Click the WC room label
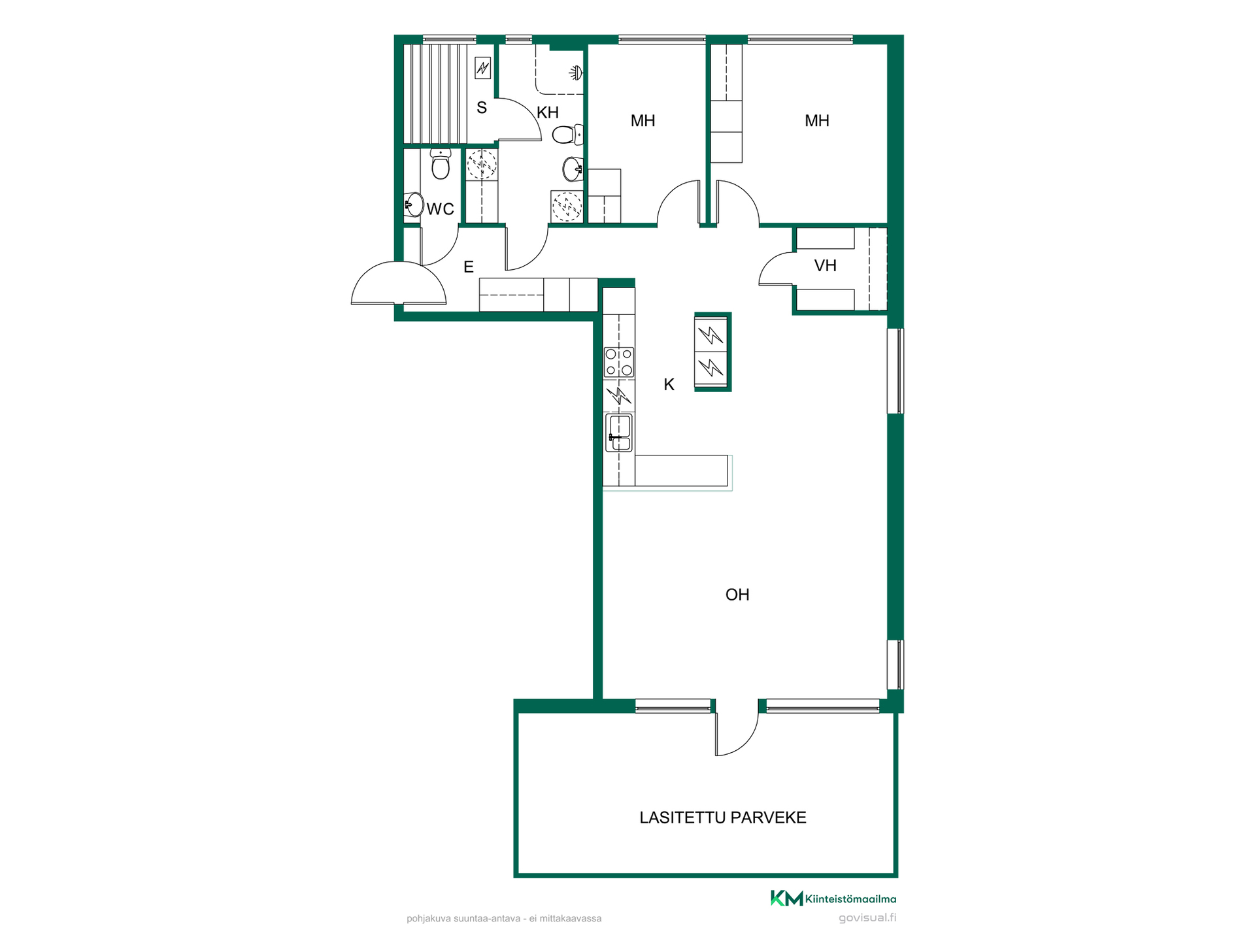point(440,209)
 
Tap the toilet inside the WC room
point(441,163)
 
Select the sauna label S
point(482,108)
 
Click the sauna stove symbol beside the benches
point(482,68)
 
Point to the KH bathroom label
point(548,112)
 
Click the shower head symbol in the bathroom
point(575,72)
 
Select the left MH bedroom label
point(643,121)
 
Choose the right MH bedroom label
point(817,121)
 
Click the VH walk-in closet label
point(826,265)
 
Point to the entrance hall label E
point(469,267)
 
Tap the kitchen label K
point(669,385)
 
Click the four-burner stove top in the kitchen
point(618,362)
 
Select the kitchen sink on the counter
point(618,433)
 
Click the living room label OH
point(737,595)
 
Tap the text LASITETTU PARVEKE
point(723,817)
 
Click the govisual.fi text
point(867,917)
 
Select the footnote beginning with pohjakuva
point(504,918)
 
